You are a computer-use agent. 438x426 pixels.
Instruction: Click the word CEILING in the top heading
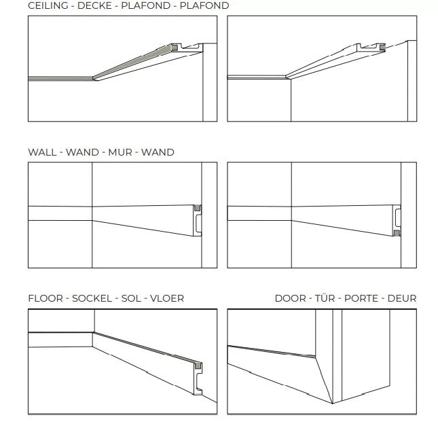point(48,5)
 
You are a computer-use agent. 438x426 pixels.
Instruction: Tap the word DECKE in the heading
point(94,5)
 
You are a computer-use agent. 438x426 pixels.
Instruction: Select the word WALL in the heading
point(42,152)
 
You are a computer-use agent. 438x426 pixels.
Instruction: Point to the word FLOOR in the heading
point(45,298)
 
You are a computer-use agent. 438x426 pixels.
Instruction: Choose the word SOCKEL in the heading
point(92,298)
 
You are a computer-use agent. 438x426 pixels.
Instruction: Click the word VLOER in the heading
point(167,298)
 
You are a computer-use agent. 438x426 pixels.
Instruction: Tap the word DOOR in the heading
point(291,298)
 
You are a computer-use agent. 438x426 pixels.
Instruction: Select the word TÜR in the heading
point(325,298)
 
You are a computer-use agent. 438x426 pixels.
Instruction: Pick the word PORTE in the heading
point(361,298)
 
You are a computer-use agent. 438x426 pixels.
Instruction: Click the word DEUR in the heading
point(402,298)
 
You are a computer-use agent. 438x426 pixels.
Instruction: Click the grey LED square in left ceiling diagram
point(175,48)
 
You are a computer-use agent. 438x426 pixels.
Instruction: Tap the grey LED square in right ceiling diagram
point(382,48)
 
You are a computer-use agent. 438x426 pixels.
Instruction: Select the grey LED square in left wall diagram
point(197,208)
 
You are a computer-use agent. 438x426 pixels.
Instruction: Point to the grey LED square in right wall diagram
point(397,233)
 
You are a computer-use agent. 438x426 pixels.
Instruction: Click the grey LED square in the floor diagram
point(198,366)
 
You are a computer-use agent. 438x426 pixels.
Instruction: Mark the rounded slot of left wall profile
point(198,224)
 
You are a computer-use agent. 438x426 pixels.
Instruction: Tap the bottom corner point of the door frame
point(333,404)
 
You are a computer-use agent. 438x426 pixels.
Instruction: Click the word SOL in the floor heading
point(131,298)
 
